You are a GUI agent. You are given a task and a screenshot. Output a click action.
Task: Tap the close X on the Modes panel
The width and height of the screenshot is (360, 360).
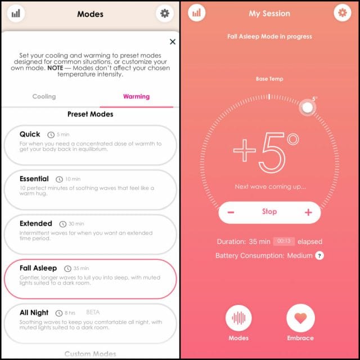[x=173, y=42]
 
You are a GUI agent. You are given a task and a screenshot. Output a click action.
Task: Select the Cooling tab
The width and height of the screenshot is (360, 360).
[x=44, y=96]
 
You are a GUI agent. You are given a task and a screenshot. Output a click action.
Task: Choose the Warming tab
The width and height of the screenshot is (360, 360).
[x=136, y=96]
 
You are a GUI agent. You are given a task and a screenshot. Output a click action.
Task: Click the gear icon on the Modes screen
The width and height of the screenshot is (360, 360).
[x=165, y=13]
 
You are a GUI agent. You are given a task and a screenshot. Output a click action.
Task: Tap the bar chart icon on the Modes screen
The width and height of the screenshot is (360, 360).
[x=16, y=13]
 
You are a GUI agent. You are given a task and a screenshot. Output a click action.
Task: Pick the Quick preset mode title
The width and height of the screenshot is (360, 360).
[x=30, y=134]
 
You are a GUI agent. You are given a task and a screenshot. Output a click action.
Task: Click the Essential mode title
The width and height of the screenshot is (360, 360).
[x=34, y=179]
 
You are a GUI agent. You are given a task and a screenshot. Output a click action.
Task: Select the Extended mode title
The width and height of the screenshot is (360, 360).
[x=36, y=223]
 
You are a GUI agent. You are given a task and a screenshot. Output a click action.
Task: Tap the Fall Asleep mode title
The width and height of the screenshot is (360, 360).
[x=38, y=268]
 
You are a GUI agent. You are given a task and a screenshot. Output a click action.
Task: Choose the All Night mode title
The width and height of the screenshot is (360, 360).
[x=34, y=313]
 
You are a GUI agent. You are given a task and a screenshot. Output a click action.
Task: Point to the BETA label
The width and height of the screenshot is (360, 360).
[x=93, y=312]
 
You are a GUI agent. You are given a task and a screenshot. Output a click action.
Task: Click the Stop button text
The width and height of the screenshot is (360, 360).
[x=269, y=211]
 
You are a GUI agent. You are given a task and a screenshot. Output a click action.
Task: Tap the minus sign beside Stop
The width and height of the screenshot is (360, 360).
[x=231, y=212]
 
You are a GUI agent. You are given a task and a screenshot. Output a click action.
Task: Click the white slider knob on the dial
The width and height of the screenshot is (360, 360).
[x=307, y=107]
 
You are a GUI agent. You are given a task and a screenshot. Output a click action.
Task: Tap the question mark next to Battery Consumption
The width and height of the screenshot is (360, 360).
[x=319, y=255]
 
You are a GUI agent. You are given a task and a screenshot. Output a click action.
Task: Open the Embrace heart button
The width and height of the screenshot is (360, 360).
[x=300, y=318]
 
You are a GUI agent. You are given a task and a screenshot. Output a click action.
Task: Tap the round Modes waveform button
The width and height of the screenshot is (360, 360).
[x=238, y=318]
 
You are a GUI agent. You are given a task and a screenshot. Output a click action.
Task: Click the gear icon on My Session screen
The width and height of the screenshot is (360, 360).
[x=343, y=12]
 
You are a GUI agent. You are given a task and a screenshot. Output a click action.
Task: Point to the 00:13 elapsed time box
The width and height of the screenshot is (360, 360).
[x=283, y=241]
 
